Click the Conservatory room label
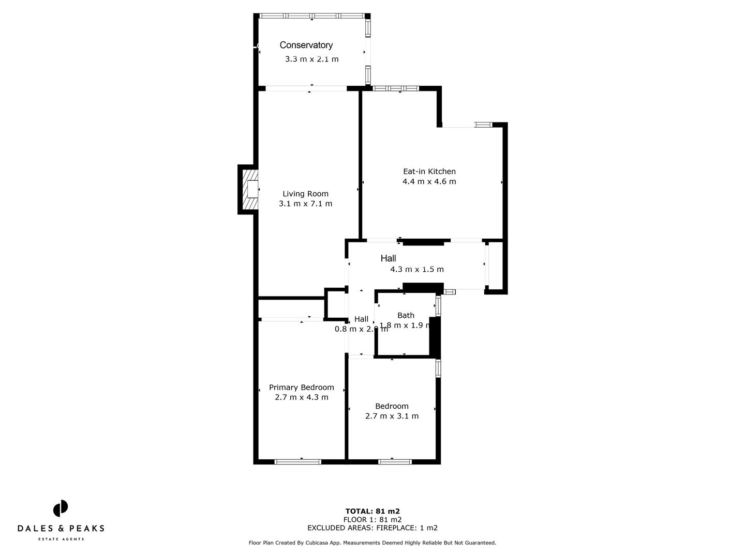coord(306,45)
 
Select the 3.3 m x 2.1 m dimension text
coord(311,59)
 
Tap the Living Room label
coord(305,194)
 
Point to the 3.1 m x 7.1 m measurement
coord(305,204)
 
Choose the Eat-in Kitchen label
coord(429,172)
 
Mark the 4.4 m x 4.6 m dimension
coord(429,181)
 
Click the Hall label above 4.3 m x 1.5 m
coord(388,258)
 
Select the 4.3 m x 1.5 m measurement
coord(416,269)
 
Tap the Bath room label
coord(406,315)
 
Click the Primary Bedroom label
coord(301,388)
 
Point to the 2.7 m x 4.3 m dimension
coord(301,397)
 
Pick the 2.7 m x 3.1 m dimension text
coord(392,416)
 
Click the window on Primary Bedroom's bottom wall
coord(297,461)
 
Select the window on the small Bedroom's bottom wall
coord(395,461)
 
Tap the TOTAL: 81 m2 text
coord(373,512)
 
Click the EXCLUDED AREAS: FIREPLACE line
coord(373,528)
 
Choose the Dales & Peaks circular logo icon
coord(61,508)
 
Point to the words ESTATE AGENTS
coord(61,539)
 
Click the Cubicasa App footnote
coord(373,543)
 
